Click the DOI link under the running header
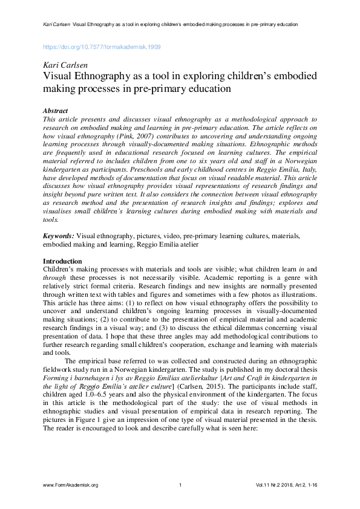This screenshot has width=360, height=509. coord(102,47)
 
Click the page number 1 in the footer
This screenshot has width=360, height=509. coord(180,485)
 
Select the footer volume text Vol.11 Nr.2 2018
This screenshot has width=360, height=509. coord(278,485)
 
